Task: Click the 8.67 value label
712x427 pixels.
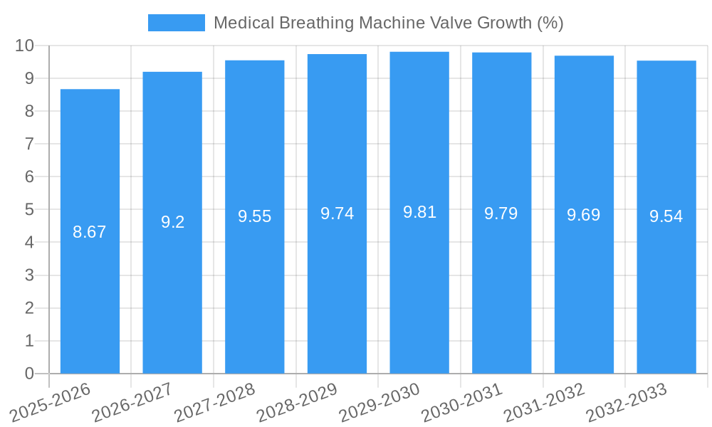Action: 90,232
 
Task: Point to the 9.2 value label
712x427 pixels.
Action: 172,222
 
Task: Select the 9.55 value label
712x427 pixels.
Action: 255,216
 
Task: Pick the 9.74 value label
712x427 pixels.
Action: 337,213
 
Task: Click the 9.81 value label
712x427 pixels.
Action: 419,212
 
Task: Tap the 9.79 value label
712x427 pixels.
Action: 501,213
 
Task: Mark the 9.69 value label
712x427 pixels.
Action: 584,215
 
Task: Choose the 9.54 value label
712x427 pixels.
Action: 666,217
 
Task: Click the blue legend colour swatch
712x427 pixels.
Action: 176,23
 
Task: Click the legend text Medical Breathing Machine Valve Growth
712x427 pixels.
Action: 388,23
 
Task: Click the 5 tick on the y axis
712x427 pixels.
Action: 29,210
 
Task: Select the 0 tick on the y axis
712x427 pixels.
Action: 29,374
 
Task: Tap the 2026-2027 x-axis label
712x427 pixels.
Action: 132,402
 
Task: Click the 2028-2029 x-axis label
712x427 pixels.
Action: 297,402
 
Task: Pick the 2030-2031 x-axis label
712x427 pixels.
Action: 462,402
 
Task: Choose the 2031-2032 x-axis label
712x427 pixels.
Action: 545,402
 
